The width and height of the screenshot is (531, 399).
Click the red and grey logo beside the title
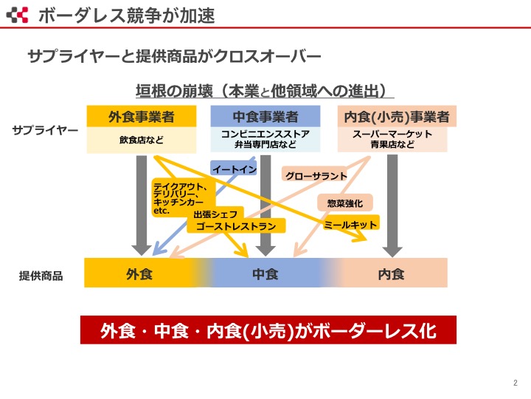pyautogui.click(x=17, y=15)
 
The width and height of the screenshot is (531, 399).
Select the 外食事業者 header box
pyautogui.click(x=142, y=117)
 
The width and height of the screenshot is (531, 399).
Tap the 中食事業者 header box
pyautogui.click(x=265, y=117)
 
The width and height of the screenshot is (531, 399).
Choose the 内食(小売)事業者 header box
pyautogui.click(x=397, y=117)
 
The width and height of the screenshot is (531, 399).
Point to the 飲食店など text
pyautogui.click(x=142, y=140)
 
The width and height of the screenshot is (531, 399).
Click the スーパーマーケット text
pyautogui.click(x=392, y=134)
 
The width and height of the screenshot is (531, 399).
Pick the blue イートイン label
pyautogui.click(x=234, y=168)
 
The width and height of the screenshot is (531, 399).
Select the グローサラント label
pyautogui.click(x=315, y=175)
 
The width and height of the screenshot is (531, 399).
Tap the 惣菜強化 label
pyautogui.click(x=345, y=203)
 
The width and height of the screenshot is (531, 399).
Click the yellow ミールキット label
pyautogui.click(x=350, y=225)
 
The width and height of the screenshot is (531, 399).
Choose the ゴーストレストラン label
pyautogui.click(x=236, y=226)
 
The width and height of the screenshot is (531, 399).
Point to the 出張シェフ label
pyautogui.click(x=215, y=214)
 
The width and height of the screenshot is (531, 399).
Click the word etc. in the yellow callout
pyautogui.click(x=162, y=211)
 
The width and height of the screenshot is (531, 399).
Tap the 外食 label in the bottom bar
pyautogui.click(x=139, y=274)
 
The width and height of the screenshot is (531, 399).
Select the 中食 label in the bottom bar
pyautogui.click(x=265, y=274)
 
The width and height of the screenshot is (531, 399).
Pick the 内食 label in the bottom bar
pyautogui.click(x=391, y=274)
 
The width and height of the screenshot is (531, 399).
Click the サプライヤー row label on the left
pyautogui.click(x=45, y=130)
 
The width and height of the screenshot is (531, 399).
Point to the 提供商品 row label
pyautogui.click(x=41, y=276)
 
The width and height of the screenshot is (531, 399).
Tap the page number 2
pyautogui.click(x=516, y=383)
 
